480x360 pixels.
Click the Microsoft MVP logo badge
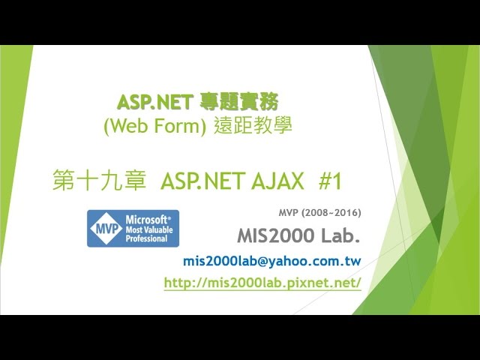click(x=133, y=228)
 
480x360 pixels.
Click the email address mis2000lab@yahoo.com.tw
click(x=272, y=261)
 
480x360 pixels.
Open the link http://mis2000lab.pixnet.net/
click(x=262, y=283)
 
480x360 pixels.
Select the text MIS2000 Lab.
click(x=298, y=235)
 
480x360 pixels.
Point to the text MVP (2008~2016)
click(x=320, y=212)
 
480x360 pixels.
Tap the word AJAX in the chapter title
click(x=278, y=181)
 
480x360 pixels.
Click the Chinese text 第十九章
click(x=99, y=181)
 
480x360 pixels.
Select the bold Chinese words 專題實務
click(x=239, y=102)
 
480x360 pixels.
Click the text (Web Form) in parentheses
click(x=155, y=125)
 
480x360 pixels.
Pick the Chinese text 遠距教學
click(x=253, y=125)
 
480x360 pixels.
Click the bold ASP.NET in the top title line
click(x=154, y=102)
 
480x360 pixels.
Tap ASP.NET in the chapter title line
click(x=203, y=181)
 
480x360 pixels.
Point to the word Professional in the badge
click(x=147, y=238)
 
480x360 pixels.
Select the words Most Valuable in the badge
click(x=149, y=229)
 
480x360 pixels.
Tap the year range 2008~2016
click(x=331, y=212)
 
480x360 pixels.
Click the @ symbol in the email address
click(x=263, y=262)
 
